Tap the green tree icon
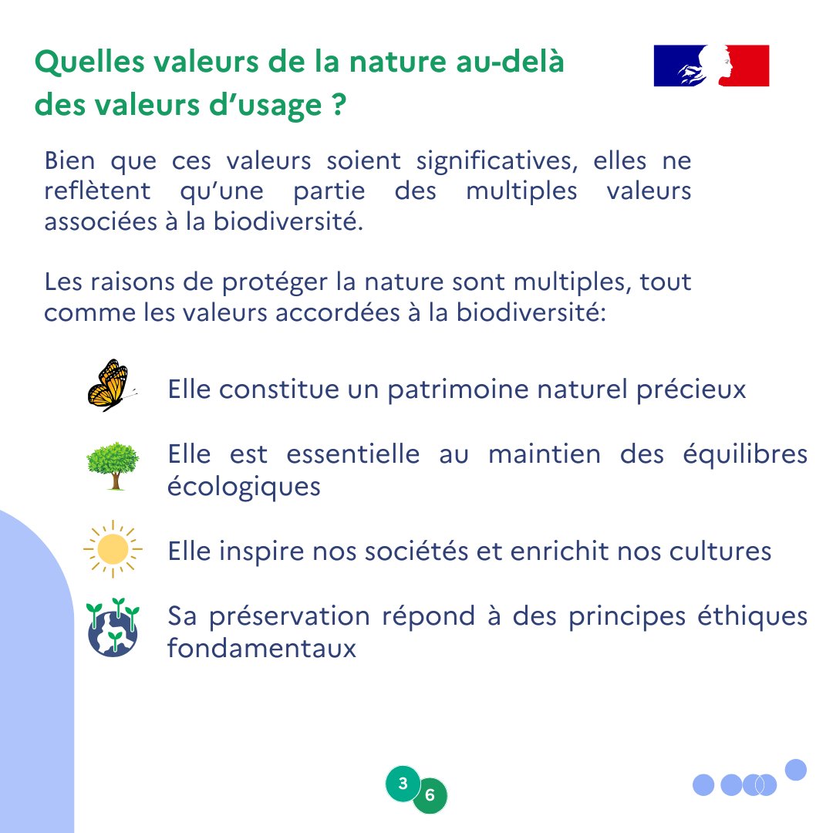point(113,466)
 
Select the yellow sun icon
point(113,549)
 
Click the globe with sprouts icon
point(113,627)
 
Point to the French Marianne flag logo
point(711,66)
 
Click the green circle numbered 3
point(403,783)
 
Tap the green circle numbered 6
point(430,795)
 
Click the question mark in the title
point(339,104)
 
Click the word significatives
point(497,161)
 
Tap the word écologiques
point(244,487)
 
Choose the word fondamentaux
point(261,648)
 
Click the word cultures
point(720,551)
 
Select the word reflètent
point(98,191)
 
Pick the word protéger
point(275,282)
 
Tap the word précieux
point(691,390)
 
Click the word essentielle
point(353,455)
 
